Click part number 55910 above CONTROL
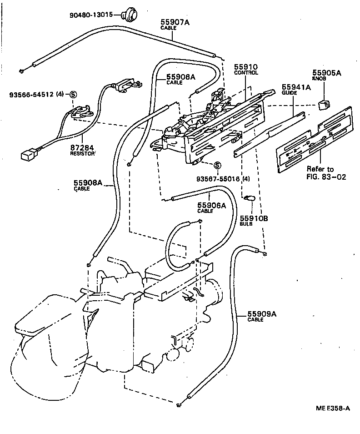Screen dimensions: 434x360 point(246,66)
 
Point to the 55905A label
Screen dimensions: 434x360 point(326,72)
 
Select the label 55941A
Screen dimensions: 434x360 point(296,87)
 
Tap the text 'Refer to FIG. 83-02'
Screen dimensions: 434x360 point(326,173)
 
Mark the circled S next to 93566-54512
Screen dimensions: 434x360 point(73,95)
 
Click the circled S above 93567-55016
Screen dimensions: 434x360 point(217,165)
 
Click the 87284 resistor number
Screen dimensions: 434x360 point(82,148)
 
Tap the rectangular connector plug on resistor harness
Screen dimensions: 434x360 point(28,155)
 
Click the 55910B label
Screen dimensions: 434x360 point(254,218)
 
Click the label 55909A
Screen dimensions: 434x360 point(262,314)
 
